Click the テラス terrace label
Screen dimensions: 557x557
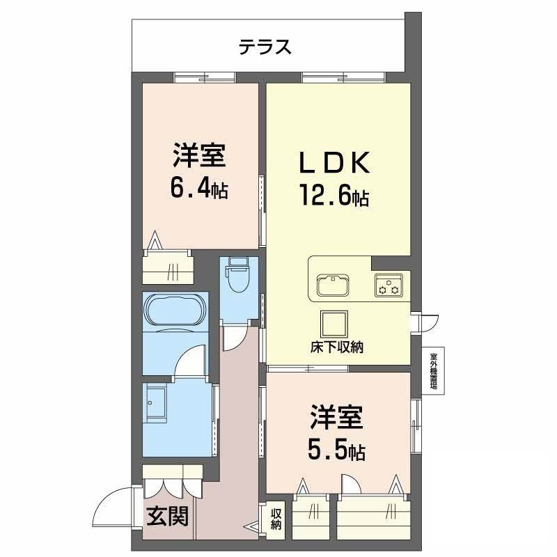(x=265, y=47)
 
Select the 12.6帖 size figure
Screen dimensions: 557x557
(x=334, y=196)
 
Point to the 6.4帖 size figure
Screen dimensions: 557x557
(x=199, y=188)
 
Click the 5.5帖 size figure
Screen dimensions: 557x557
(x=337, y=451)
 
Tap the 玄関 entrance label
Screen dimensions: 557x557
(x=167, y=517)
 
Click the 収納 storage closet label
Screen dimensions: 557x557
(x=276, y=519)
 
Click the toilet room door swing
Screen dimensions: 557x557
(x=233, y=338)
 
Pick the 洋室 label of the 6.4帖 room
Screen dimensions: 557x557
(x=199, y=155)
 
